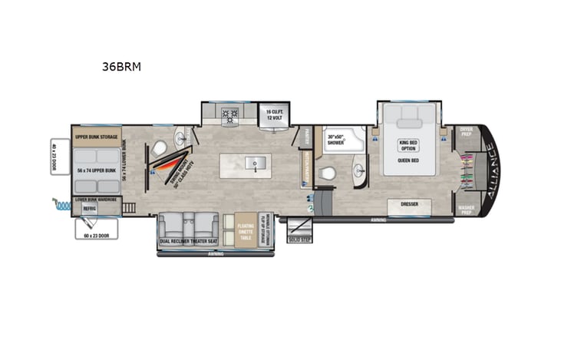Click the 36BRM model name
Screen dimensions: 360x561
pyautogui.click(x=121, y=67)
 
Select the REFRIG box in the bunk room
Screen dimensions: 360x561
pyautogui.click(x=90, y=208)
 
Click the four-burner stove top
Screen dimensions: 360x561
pyautogui.click(x=229, y=116)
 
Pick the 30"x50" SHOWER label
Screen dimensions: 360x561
pyautogui.click(x=337, y=139)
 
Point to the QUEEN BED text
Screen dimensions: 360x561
pyautogui.click(x=408, y=161)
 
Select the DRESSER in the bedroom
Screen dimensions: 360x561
pyautogui.click(x=409, y=205)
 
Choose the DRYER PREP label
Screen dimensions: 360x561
pyautogui.click(x=466, y=132)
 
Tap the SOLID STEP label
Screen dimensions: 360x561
pyautogui.click(x=299, y=239)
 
